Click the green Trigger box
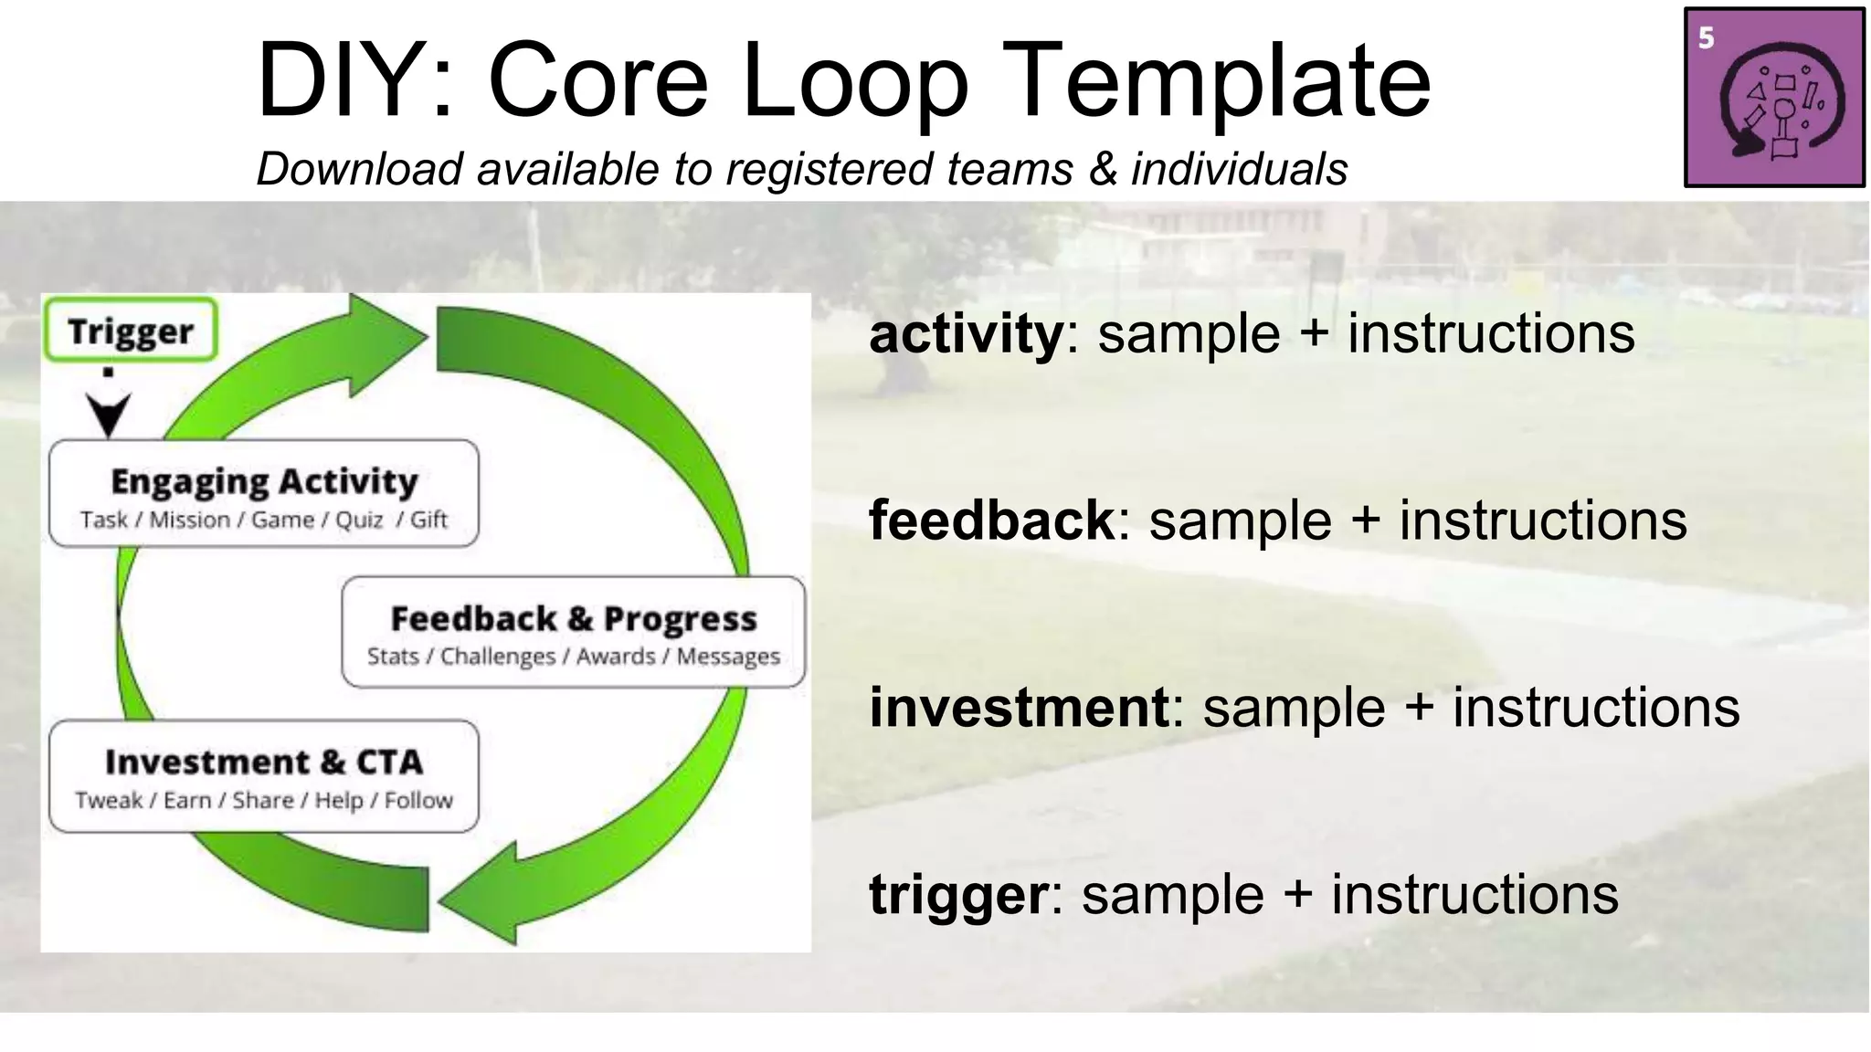click(130, 330)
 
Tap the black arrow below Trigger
click(109, 413)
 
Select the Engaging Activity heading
click(264, 481)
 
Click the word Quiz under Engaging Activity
click(359, 520)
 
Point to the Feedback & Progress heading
click(574, 619)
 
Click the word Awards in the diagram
click(616, 657)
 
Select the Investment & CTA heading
click(264, 762)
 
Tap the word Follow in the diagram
click(418, 801)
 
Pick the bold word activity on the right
click(966, 334)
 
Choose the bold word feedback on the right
click(991, 521)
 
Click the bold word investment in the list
click(1019, 708)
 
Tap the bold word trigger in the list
click(957, 895)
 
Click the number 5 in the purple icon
click(1707, 38)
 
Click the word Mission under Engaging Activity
click(190, 520)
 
